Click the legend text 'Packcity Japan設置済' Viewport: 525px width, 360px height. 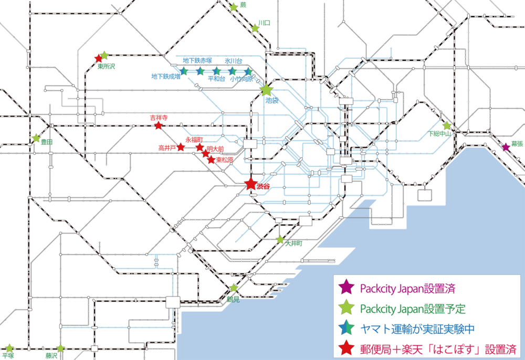pos(407,288)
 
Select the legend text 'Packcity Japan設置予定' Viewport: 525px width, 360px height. pos(413,309)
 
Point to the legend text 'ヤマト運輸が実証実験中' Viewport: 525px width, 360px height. pos(417,329)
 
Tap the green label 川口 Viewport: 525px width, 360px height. pos(264,23)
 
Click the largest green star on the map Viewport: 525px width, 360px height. pos(267,90)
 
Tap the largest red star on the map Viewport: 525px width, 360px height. pos(251,184)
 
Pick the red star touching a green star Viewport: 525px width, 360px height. pos(98,58)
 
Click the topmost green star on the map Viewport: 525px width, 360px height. pos(234,7)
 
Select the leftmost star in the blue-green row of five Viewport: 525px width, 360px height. pos(184,70)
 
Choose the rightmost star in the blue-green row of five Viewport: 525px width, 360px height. pos(249,71)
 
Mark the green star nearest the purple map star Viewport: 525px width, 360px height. pos(447,126)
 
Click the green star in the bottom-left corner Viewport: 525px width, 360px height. pos(9,348)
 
